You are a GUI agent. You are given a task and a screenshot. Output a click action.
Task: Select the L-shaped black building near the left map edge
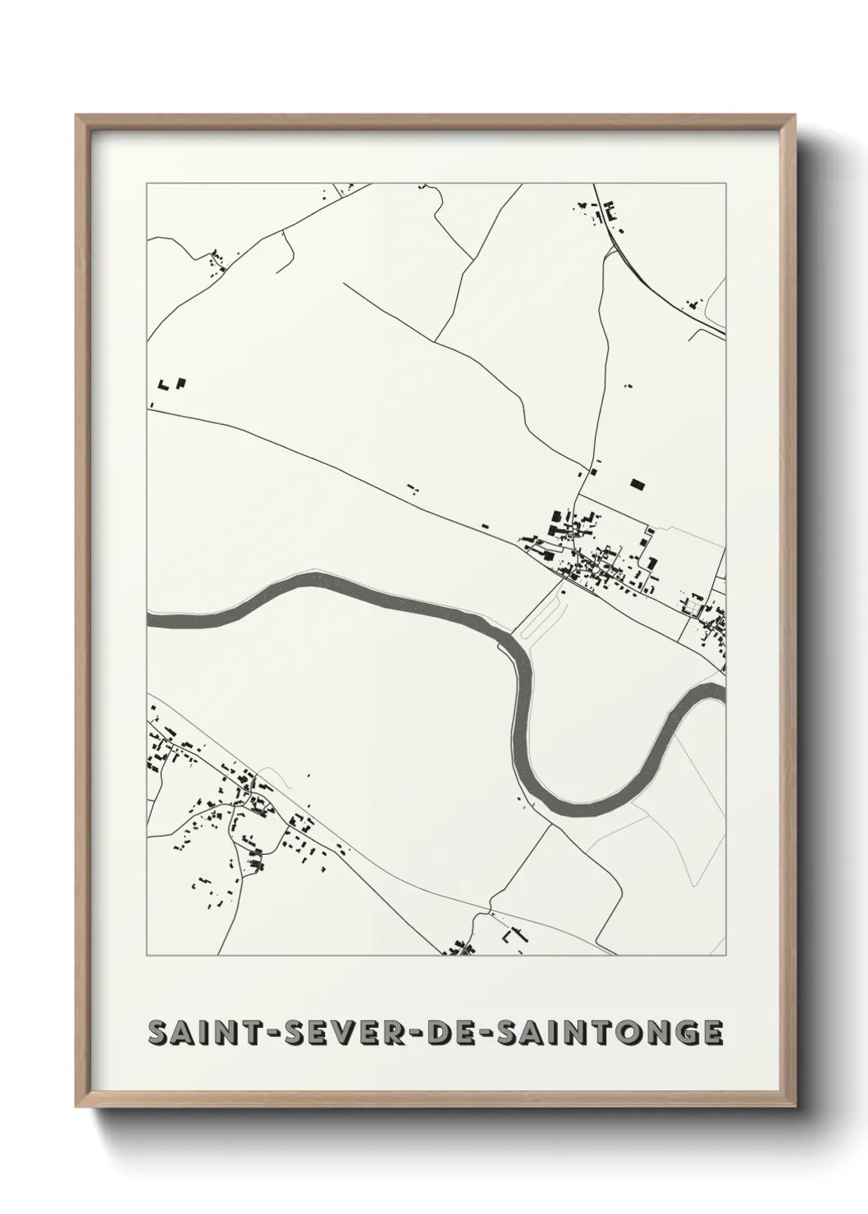162,384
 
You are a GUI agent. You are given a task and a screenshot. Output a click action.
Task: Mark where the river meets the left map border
149,618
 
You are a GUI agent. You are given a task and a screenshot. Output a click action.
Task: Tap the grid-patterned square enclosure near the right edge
696,608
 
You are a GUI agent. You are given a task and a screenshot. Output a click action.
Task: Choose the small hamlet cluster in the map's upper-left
218,261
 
